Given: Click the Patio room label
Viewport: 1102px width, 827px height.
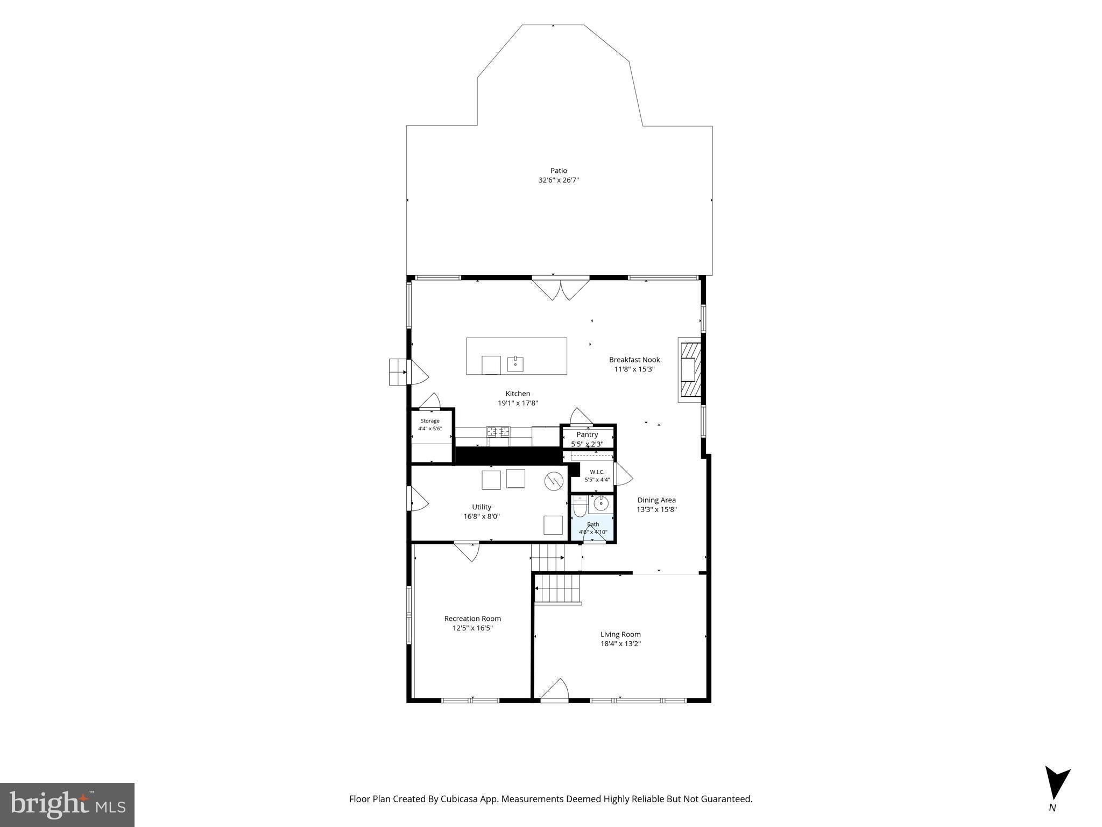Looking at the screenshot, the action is pos(559,171).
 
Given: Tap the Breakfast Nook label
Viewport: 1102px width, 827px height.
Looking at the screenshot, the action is pos(634,360).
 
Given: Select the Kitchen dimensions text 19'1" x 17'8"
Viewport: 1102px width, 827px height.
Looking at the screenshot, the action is pos(518,403).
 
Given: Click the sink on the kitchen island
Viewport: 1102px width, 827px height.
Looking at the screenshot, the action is pos(516,363).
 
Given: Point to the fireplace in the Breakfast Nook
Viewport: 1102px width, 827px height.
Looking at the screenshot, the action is pos(690,370).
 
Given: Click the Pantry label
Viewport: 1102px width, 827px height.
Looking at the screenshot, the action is pos(587,434).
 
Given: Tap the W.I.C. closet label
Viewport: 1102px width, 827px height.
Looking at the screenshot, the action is pos(597,472).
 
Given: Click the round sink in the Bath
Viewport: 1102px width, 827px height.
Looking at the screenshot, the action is pos(601,503).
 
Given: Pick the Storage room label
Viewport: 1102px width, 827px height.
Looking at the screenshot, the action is pos(430,420).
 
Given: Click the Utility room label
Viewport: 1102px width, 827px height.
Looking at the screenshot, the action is pos(482,507).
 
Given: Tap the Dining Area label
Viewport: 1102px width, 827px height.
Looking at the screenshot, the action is pos(656,500).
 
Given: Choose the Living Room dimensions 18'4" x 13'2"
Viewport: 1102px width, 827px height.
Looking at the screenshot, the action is pos(620,643).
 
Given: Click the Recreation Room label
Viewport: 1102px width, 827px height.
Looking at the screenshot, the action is pos(472,619).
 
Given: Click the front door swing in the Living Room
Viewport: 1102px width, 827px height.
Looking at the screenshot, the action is pos(555,690).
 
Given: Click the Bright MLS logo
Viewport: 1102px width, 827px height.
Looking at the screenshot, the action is pos(67,804).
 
